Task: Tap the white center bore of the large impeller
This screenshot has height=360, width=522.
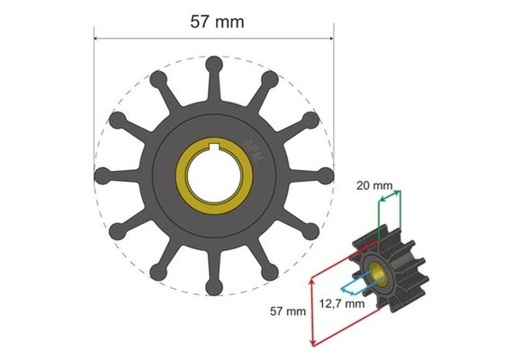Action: [214, 171]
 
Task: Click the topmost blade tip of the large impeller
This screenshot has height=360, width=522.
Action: [214, 65]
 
